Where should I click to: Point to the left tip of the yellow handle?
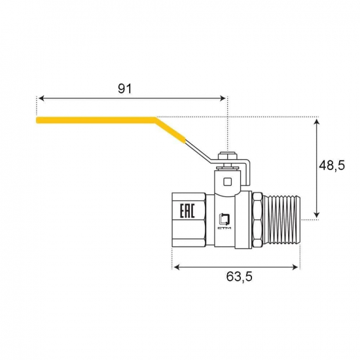pyautogui.click(x=38, y=120)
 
